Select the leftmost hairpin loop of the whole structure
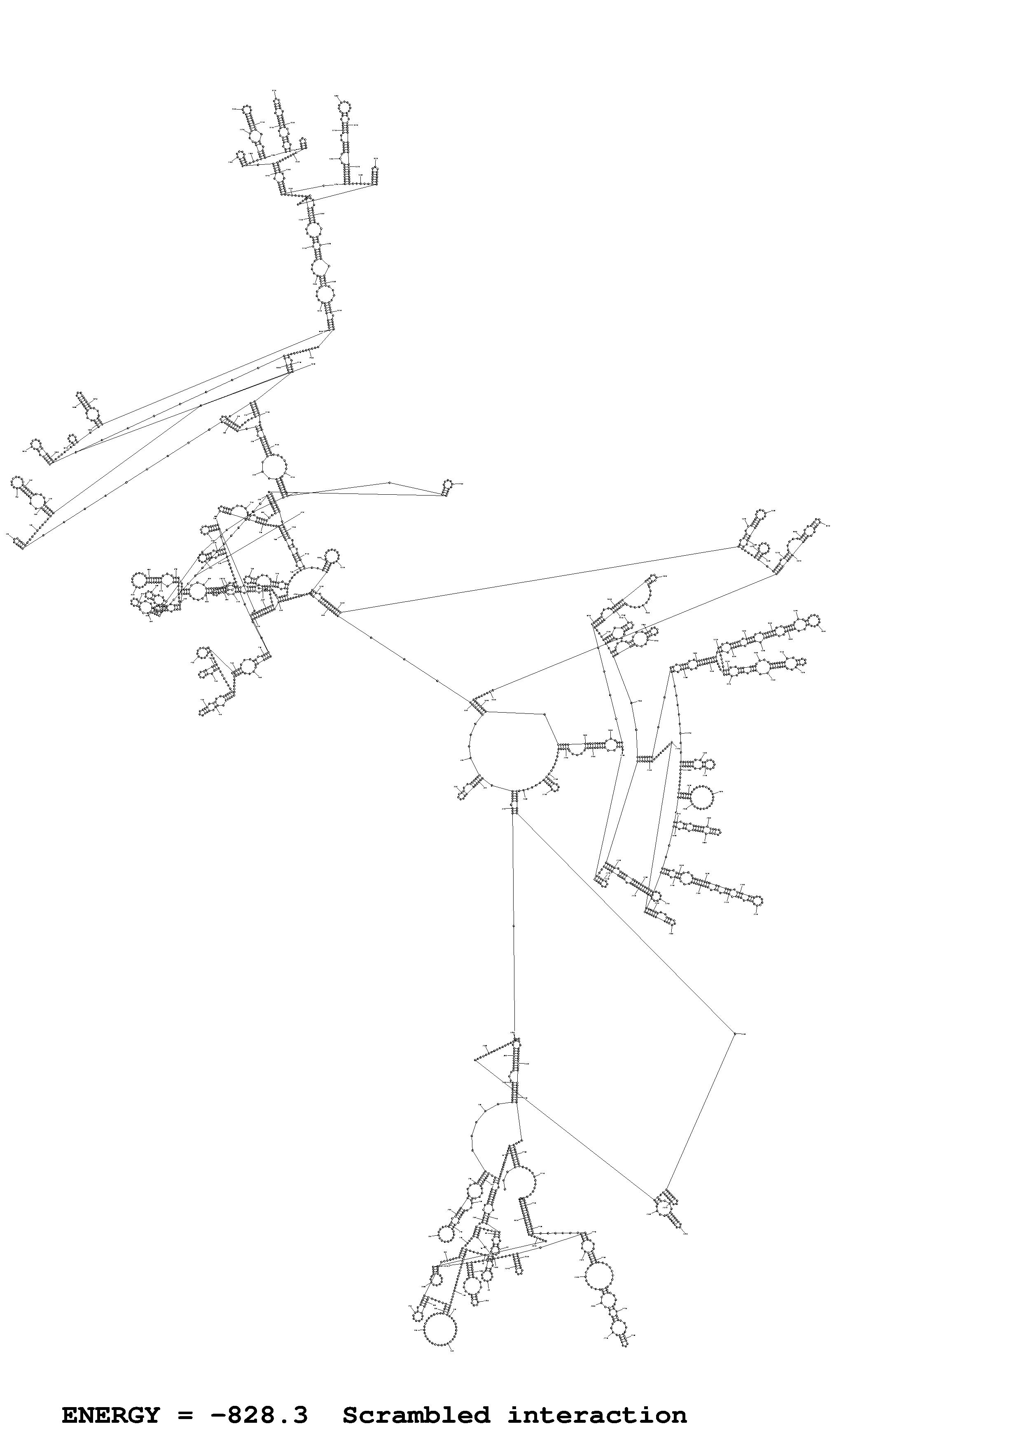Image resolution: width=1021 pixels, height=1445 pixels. [18, 483]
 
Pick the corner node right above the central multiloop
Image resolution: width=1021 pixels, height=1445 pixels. [544, 714]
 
